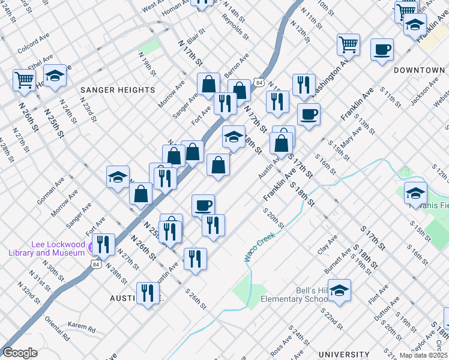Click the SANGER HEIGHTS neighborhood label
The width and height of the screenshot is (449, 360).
[118, 90]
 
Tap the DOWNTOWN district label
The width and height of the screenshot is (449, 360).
[419, 70]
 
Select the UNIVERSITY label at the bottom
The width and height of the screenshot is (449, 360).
[344, 355]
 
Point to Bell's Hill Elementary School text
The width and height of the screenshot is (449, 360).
[294, 295]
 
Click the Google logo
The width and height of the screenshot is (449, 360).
[20, 353]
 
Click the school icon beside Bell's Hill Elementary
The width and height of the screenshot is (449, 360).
[339, 290]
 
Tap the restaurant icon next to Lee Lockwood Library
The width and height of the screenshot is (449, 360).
[104, 244]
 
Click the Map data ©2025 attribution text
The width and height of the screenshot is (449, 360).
[423, 355]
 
